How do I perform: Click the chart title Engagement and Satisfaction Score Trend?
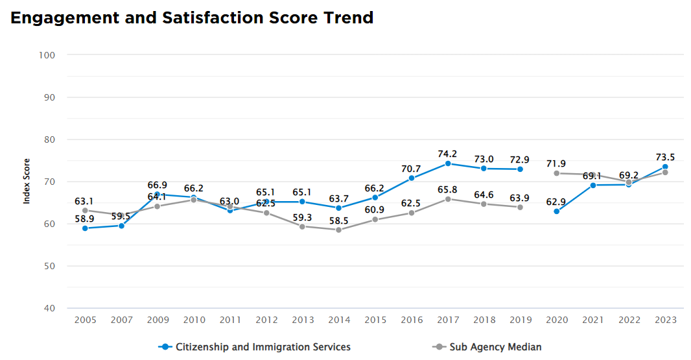coord(192,18)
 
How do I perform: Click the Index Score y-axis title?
coord(27,182)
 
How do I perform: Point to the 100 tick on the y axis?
coord(46,55)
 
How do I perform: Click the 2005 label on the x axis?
coord(85,320)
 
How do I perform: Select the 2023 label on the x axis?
coord(665,320)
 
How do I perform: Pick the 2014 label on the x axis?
coord(338,320)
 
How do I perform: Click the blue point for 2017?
coord(447,163)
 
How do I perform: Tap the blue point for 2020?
coord(556,211)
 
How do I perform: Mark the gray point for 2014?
coord(338,230)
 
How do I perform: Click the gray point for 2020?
coord(556,173)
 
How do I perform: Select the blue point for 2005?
coord(85,228)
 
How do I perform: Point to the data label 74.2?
coord(447,154)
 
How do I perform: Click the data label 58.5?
coord(338,221)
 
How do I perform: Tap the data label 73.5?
coord(665,157)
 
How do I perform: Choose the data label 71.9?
coord(556,163)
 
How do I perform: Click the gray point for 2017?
coord(447,199)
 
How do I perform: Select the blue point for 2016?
coord(411,178)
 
